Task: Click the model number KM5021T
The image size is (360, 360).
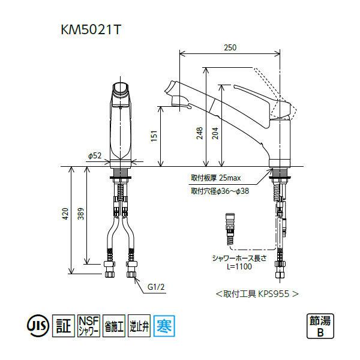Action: pos(91,30)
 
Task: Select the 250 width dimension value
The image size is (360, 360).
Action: pos(230,47)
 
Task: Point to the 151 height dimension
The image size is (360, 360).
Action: pos(154,136)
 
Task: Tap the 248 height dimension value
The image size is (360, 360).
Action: pos(200,133)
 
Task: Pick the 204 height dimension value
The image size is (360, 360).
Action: pos(215,133)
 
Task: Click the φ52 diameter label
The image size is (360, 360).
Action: pos(95,155)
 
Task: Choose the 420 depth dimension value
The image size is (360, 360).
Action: pos(65,214)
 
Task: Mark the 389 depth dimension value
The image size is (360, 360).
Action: pos(81,214)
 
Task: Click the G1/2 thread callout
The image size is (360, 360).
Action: pos(156,287)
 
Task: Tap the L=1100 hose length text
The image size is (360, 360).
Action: pos(239,266)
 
